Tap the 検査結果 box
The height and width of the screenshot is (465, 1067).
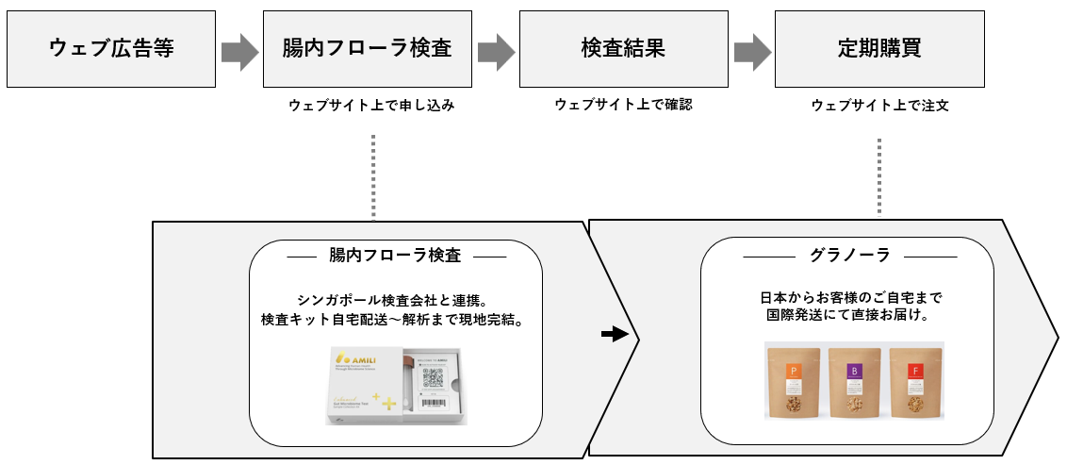pos(623,50)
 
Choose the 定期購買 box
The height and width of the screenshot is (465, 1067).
pos(878,50)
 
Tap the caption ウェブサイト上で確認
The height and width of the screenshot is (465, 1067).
pos(623,105)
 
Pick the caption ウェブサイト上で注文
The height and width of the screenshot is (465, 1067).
pos(879,106)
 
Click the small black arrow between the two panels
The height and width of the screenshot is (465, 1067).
pos(614,335)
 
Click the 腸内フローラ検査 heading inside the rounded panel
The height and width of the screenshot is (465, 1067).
pos(395,255)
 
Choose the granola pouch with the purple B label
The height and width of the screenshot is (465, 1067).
pos(854,383)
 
